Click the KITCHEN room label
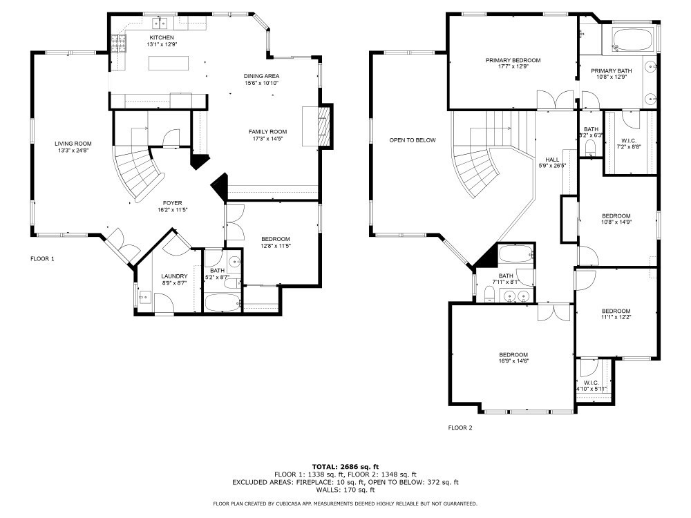point(162,38)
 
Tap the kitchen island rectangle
point(169,63)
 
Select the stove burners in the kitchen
point(119,44)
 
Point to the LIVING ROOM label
point(73,144)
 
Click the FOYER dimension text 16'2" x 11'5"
point(173,210)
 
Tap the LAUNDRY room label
point(174,276)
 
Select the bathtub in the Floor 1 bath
point(223,303)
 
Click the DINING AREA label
point(262,76)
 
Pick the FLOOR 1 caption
point(42,258)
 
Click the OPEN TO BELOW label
point(413,140)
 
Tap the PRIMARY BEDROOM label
point(513,60)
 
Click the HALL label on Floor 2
point(552,160)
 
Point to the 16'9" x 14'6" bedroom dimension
point(513,361)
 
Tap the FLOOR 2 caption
point(460,428)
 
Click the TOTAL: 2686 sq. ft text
point(345,466)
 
